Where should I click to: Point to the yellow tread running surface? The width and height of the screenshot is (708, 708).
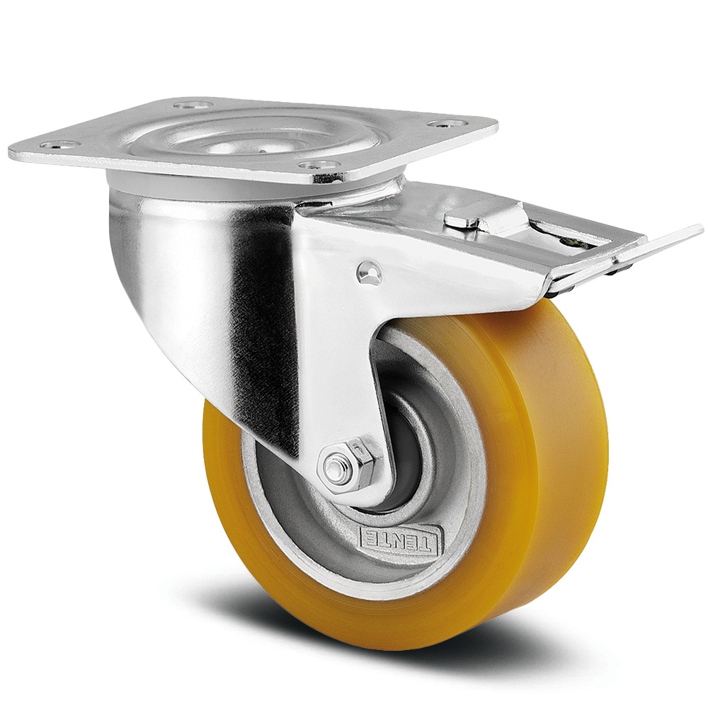566,439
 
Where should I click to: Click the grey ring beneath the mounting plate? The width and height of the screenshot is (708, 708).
248,188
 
